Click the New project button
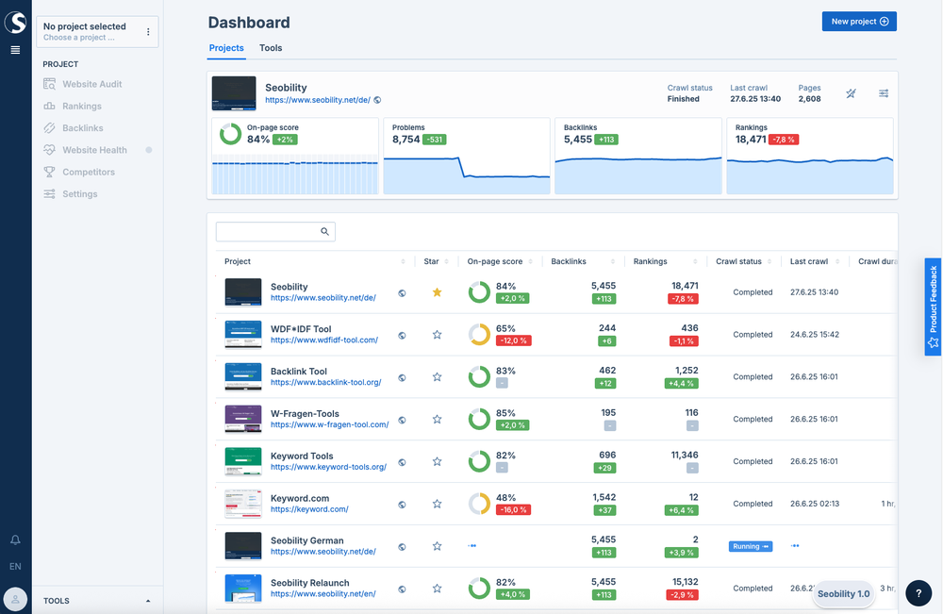click(x=859, y=22)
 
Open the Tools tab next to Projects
click(x=271, y=48)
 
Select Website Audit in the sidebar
click(x=91, y=84)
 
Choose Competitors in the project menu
click(x=88, y=172)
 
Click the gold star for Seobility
click(x=437, y=292)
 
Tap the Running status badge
click(x=750, y=546)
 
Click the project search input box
click(x=269, y=231)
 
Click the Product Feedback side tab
click(x=933, y=307)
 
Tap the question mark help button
click(x=918, y=592)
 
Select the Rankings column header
click(x=651, y=261)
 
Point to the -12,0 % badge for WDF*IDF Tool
click(x=513, y=340)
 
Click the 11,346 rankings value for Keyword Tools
click(x=685, y=455)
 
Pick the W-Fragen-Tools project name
click(x=305, y=413)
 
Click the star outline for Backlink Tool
click(x=437, y=377)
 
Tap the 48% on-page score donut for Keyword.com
click(x=479, y=504)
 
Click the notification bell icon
click(x=15, y=540)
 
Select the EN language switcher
click(x=15, y=567)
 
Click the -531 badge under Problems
click(x=434, y=140)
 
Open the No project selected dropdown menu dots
click(x=148, y=32)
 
